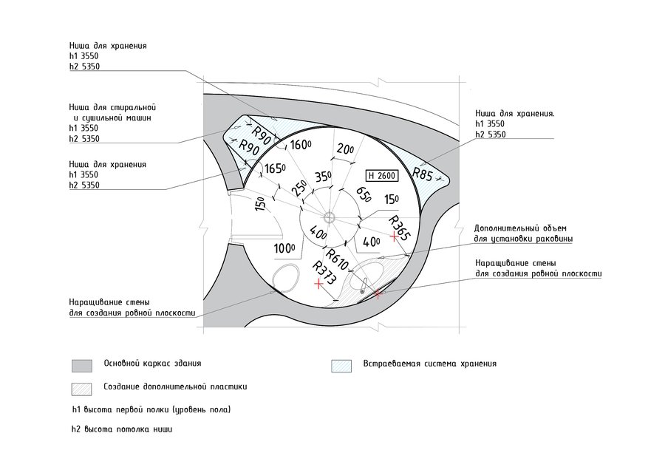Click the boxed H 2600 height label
click(382, 176)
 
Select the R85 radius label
click(423, 175)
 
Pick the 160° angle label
click(300, 145)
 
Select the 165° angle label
click(275, 169)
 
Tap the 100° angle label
click(285, 248)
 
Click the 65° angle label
click(363, 194)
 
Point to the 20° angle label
click(345, 149)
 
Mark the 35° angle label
click(324, 177)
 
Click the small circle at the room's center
click(330, 217)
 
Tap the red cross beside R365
click(394, 239)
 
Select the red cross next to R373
click(318, 283)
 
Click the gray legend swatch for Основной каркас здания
click(82, 365)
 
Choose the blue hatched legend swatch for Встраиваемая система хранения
click(341, 365)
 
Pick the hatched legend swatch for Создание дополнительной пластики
click(82, 387)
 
